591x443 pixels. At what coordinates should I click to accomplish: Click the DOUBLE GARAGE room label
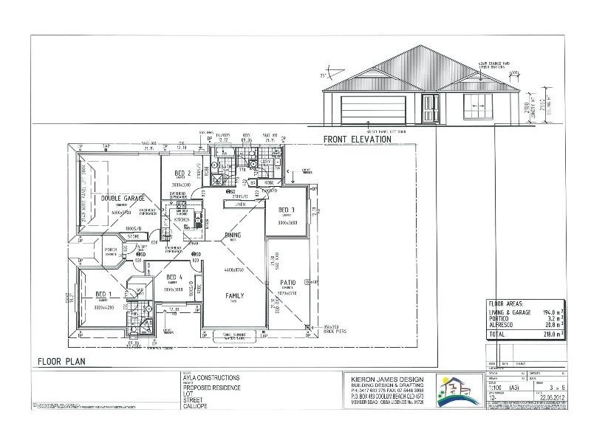pyautogui.click(x=121, y=198)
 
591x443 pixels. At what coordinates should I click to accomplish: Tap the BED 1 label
pyautogui.click(x=103, y=295)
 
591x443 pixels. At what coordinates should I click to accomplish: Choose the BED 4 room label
pyautogui.click(x=175, y=277)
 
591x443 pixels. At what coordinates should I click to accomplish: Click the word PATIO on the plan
pyautogui.click(x=287, y=282)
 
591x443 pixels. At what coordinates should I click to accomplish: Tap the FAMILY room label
pyautogui.click(x=235, y=296)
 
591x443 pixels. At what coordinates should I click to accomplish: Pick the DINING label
pyautogui.click(x=232, y=236)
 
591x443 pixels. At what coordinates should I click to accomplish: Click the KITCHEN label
pyautogui.click(x=182, y=220)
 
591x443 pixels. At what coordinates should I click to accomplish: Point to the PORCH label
pyautogui.click(x=112, y=250)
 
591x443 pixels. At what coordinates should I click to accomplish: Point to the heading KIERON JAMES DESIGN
pyautogui.click(x=381, y=377)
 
